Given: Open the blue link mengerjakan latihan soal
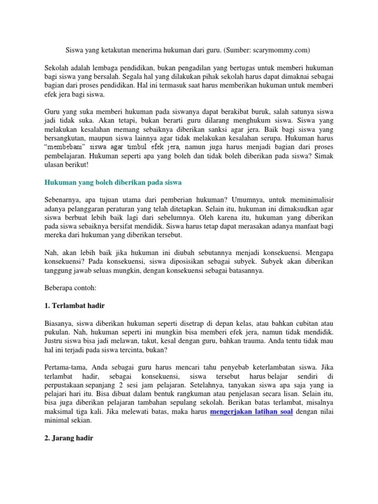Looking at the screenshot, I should tap(252, 412).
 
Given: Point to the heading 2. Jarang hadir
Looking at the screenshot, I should tap(69, 438).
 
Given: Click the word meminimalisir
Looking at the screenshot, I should tap(311, 200).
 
